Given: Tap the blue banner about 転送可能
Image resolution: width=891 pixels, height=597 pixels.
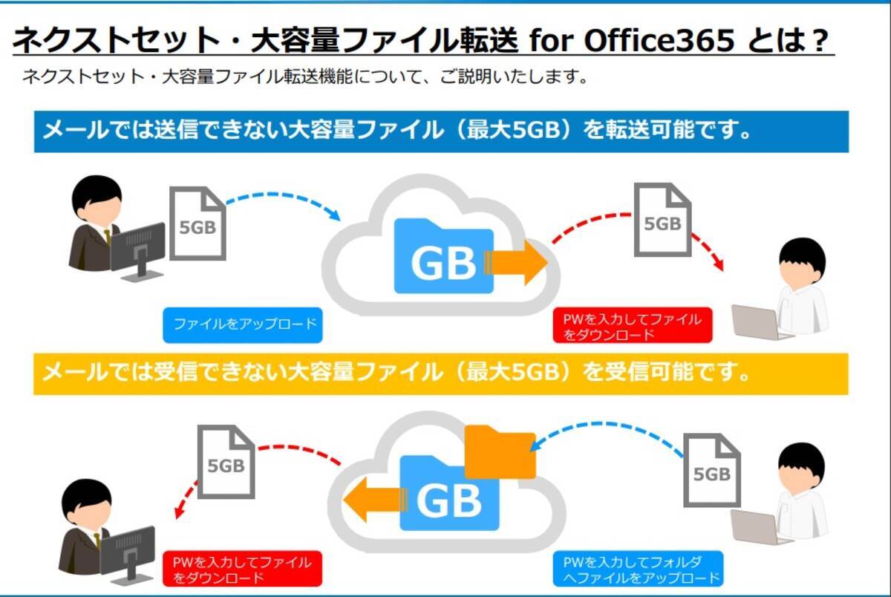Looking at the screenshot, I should point(441,132).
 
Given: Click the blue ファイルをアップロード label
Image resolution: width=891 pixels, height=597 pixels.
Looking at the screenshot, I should point(243,325).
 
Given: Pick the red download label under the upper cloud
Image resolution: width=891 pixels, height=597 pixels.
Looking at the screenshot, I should point(632,326).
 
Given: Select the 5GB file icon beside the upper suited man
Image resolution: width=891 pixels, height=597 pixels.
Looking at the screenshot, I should point(198,224).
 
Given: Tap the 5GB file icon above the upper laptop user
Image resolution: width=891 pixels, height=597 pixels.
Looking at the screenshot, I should point(662,221).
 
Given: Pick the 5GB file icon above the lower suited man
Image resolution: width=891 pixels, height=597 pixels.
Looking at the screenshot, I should point(226,462).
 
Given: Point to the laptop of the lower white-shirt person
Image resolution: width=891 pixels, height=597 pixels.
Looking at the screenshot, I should point(754,526).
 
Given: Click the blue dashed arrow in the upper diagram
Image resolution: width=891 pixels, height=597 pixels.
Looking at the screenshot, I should point(282,200).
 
